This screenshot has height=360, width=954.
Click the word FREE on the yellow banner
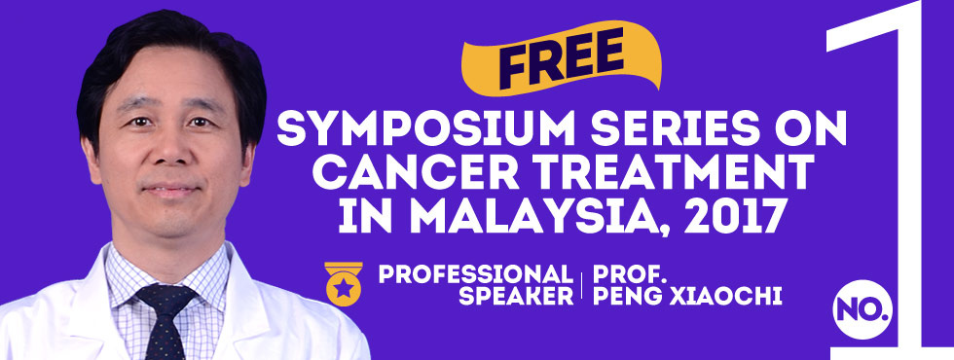pyautogui.click(x=562, y=58)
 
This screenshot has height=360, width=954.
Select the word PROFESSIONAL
pyautogui.click(x=476, y=273)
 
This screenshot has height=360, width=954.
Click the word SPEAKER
pyautogui.click(x=516, y=296)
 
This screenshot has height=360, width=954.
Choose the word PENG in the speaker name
pyautogui.click(x=622, y=296)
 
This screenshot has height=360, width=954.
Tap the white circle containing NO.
pyautogui.click(x=862, y=309)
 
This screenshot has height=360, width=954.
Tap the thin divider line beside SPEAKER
pyautogui.click(x=582, y=285)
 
